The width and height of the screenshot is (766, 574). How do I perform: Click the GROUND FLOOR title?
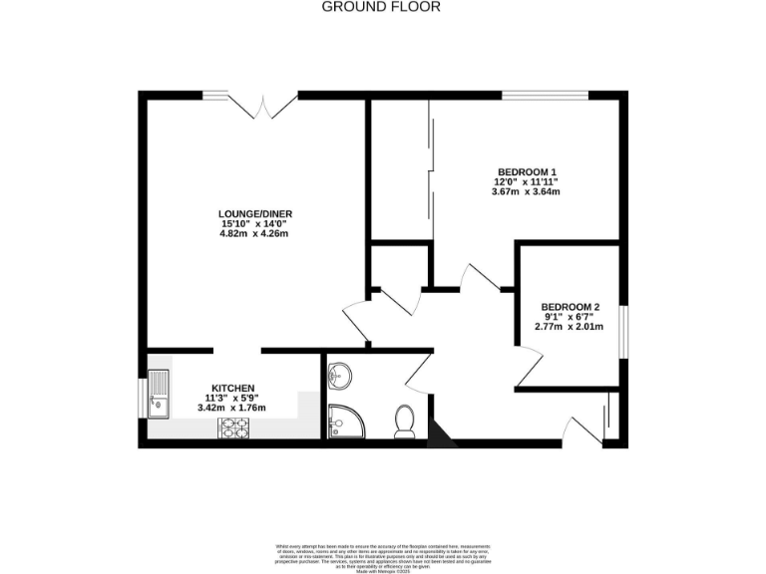pyautogui.click(x=382, y=7)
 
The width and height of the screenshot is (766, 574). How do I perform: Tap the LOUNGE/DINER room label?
pyautogui.click(x=255, y=213)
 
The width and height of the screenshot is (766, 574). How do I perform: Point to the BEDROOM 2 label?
pyautogui.click(x=571, y=307)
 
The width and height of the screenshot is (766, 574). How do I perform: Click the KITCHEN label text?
pyautogui.click(x=232, y=388)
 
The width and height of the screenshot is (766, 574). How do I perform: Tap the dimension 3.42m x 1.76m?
pyautogui.click(x=232, y=408)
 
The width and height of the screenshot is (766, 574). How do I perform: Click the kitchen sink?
pyautogui.click(x=159, y=393)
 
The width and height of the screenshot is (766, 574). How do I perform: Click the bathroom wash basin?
pyautogui.click(x=340, y=373)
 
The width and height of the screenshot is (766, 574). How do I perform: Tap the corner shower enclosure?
pyautogui.click(x=345, y=422)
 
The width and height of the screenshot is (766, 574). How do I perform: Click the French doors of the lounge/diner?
pyautogui.click(x=264, y=101)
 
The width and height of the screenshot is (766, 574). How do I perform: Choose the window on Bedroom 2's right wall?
pyautogui.click(x=623, y=330)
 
